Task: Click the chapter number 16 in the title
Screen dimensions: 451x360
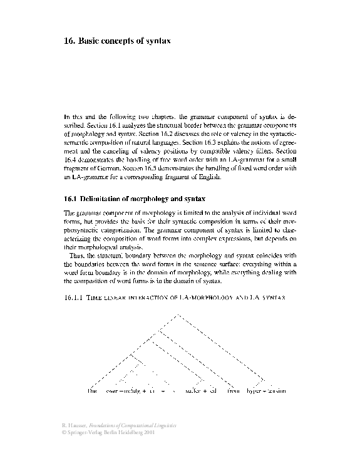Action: pyautogui.click(x=69, y=41)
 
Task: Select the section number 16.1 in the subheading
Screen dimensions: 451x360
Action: pyautogui.click(x=71, y=199)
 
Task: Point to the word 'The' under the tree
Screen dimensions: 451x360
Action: pyautogui.click(x=93, y=391)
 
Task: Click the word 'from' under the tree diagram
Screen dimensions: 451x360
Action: pyautogui.click(x=234, y=391)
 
